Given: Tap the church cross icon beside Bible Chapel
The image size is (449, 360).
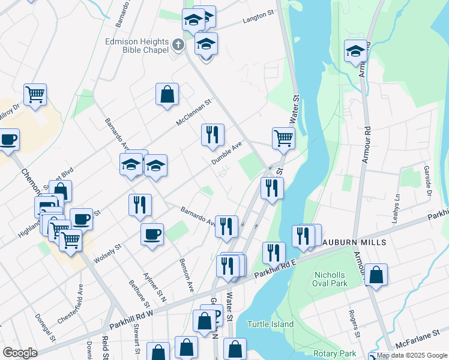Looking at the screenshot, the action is [x=178, y=44].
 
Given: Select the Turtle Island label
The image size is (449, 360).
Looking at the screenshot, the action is [x=270, y=325].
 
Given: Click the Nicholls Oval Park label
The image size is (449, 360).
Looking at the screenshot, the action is [x=331, y=279].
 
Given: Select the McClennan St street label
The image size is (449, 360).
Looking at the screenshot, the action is [x=194, y=112].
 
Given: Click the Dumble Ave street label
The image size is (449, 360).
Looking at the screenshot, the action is [x=226, y=154].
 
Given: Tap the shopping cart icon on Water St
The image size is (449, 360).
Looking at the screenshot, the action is [x=283, y=138].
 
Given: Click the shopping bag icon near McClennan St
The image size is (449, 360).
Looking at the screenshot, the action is [x=167, y=94].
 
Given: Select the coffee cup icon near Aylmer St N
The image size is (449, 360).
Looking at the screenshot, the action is [x=152, y=234].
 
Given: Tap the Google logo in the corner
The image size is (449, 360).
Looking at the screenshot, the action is [x=20, y=353].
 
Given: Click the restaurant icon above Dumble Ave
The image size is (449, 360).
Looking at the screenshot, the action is [x=212, y=135].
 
